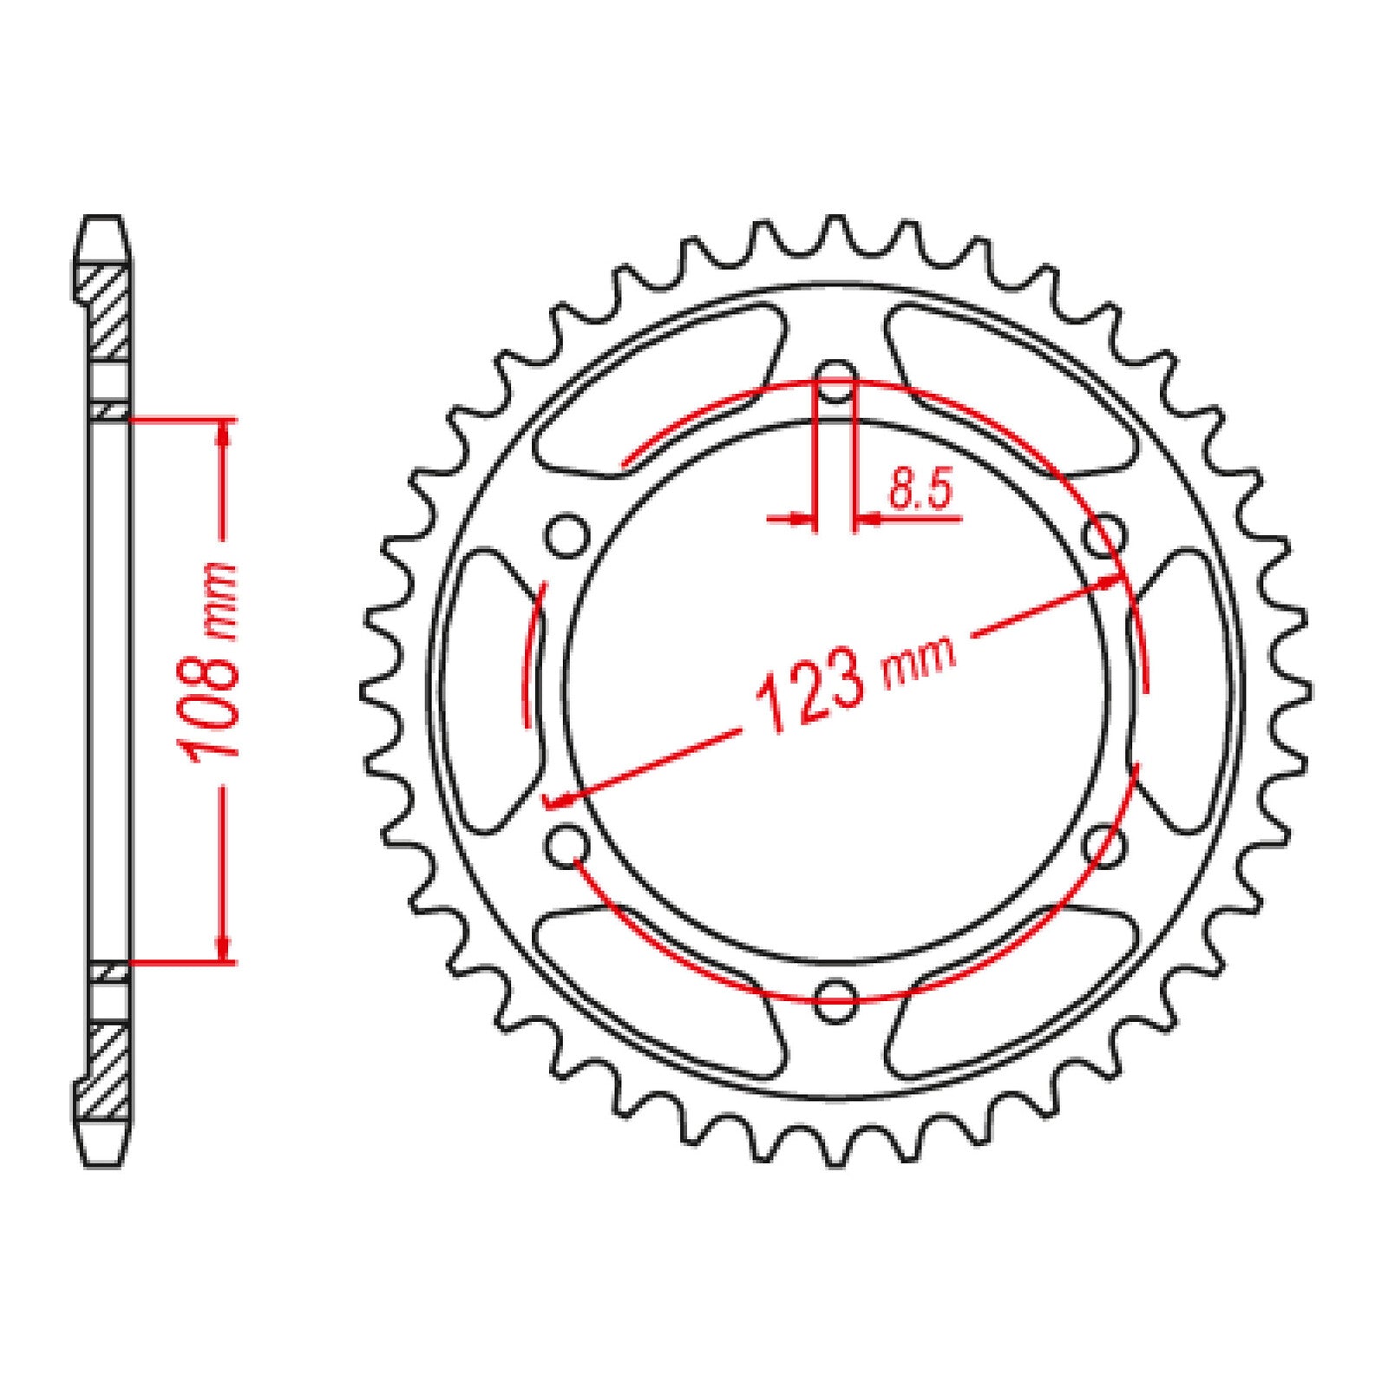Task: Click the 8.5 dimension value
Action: tap(920, 491)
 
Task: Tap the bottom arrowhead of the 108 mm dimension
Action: tap(225, 949)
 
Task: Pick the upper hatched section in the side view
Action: tap(111, 312)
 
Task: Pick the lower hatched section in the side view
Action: tap(111, 1071)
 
